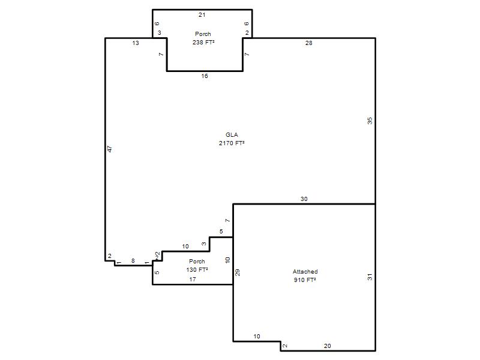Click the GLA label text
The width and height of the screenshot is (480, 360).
(232, 134)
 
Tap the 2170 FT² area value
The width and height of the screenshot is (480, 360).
(232, 143)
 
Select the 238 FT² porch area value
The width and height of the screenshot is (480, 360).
(203, 42)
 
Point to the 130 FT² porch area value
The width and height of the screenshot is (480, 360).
(197, 269)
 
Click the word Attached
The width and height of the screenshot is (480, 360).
(305, 272)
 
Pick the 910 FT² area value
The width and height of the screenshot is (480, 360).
(305, 280)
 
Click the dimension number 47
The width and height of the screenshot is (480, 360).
(110, 149)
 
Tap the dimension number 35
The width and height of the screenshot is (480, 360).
(370, 121)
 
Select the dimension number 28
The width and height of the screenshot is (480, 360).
(309, 43)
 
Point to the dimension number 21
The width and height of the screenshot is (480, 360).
(202, 14)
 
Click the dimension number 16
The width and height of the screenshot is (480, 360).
(205, 76)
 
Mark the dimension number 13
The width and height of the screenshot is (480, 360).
(136, 43)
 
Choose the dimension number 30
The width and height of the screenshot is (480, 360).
(304, 199)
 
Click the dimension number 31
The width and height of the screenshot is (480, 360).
(370, 277)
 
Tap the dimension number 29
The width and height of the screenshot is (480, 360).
(237, 272)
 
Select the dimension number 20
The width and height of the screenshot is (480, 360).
(328, 346)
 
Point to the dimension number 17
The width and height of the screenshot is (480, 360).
(193, 279)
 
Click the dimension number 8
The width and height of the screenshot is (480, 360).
(133, 261)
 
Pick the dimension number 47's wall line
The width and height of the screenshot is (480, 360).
(106, 149)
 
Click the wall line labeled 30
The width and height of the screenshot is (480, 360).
(304, 204)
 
